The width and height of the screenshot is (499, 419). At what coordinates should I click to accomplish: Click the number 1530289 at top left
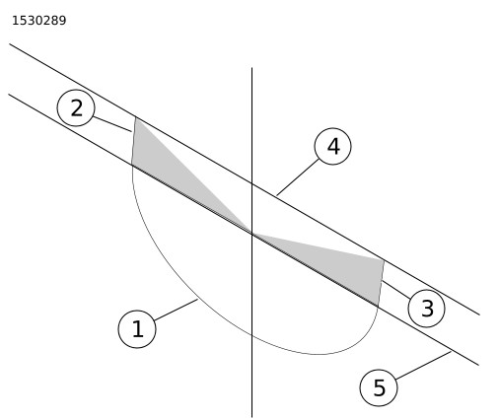coord(39,21)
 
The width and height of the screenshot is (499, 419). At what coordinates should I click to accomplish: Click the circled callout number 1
coord(137,329)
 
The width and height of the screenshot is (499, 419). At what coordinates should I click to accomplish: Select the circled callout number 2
coord(76,107)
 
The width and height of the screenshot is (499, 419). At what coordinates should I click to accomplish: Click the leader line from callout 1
coord(176,310)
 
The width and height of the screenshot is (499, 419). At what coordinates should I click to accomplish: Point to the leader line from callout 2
coord(112,124)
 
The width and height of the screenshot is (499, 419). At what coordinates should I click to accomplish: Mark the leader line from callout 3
coord(395,290)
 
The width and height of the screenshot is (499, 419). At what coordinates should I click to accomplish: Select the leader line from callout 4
coord(298,177)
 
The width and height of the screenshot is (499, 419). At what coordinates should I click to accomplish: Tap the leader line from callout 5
coord(424,366)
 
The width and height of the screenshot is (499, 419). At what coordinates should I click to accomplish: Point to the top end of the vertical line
coord(252,68)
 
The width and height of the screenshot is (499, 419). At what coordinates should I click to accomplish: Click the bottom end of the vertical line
coord(252,417)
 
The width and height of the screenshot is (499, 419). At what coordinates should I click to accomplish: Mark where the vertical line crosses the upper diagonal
coord(252,183)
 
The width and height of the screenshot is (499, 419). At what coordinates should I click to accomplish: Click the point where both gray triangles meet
coord(252,234)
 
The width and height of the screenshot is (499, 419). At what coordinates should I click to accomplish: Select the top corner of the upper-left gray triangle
coord(135,117)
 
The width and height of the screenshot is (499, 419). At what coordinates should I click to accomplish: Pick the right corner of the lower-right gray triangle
coord(385,260)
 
